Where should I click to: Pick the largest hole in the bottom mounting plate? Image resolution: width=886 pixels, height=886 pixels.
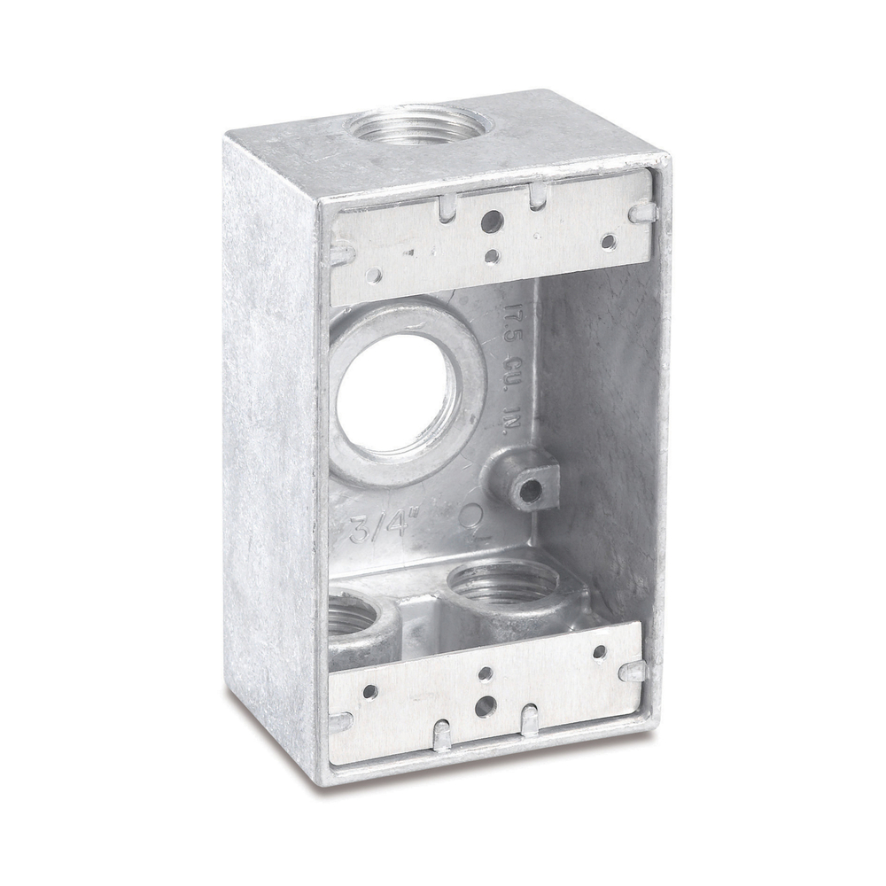484,707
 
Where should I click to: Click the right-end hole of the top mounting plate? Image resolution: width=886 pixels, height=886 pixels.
608,240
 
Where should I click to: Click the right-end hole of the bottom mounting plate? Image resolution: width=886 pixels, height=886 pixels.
600,652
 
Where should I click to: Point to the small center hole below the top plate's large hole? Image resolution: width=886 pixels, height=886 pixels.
492,257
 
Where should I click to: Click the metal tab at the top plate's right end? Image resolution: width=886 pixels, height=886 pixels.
643,213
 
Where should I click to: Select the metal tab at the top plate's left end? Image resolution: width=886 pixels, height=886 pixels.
341,253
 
